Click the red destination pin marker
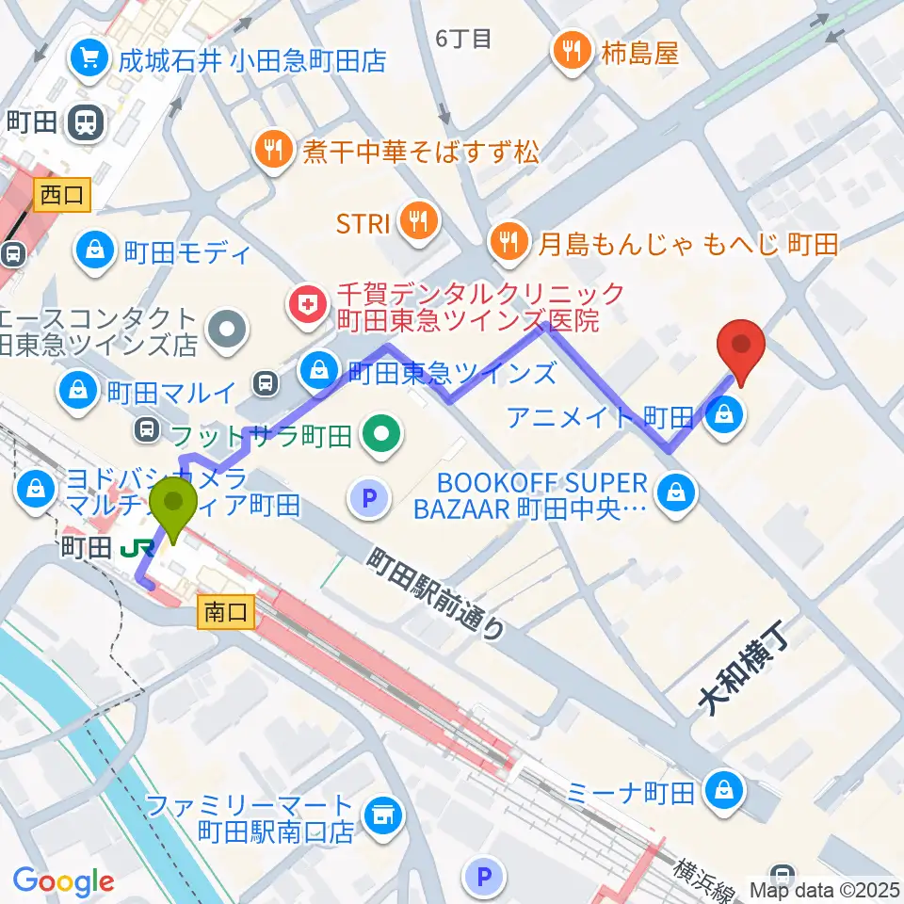click(x=741, y=347)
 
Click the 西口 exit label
click(x=63, y=195)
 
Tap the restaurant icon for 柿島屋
click(x=572, y=52)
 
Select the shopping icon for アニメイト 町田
click(x=725, y=412)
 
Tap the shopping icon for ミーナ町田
click(x=725, y=788)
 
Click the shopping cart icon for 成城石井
click(x=91, y=59)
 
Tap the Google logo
click(x=64, y=881)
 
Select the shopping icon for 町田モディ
click(x=96, y=250)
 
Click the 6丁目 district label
click(x=464, y=38)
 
